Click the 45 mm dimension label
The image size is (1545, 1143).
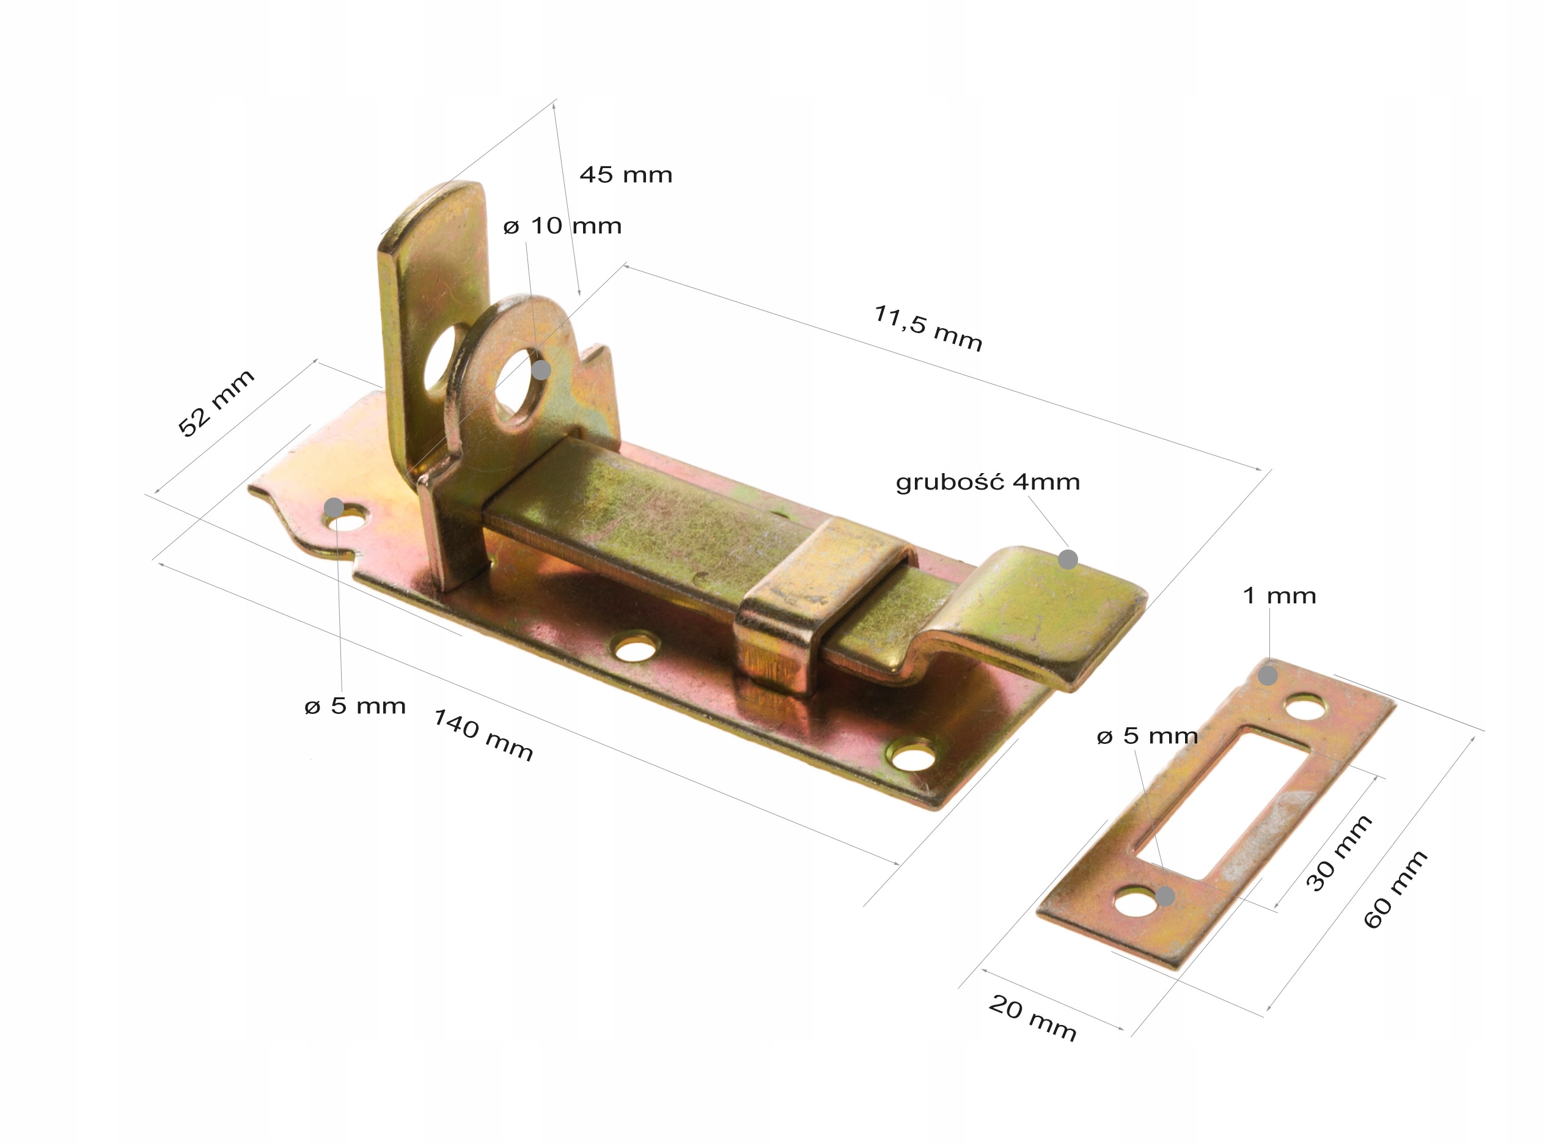tap(625, 174)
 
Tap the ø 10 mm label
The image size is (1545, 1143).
tap(562, 226)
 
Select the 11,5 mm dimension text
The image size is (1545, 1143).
tap(928, 329)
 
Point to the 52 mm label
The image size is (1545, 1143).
tap(216, 403)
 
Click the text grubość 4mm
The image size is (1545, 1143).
tap(988, 482)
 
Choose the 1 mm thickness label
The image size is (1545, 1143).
tap(1279, 596)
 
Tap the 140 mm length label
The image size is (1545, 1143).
tap(483, 735)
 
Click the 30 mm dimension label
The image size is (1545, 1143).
tap(1338, 853)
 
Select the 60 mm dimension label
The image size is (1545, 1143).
tap(1395, 890)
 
